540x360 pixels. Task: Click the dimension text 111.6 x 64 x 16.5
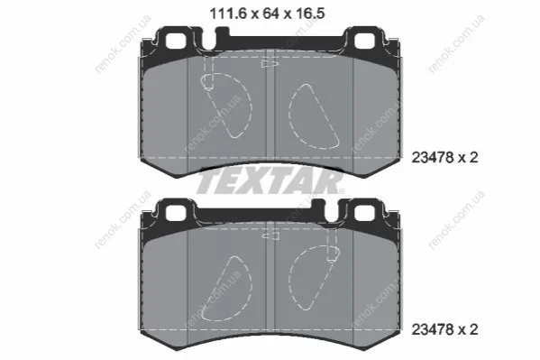tap(267, 14)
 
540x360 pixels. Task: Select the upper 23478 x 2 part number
tap(445, 158)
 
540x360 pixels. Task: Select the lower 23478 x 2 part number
tap(445, 330)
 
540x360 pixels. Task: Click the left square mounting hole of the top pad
tap(176, 41)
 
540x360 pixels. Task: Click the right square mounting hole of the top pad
tap(365, 41)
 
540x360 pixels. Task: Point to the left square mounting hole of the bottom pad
tap(176, 213)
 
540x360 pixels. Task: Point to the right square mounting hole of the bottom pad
tap(365, 213)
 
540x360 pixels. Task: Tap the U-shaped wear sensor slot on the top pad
tap(210, 42)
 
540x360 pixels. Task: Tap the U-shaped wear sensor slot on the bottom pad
tap(330, 214)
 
